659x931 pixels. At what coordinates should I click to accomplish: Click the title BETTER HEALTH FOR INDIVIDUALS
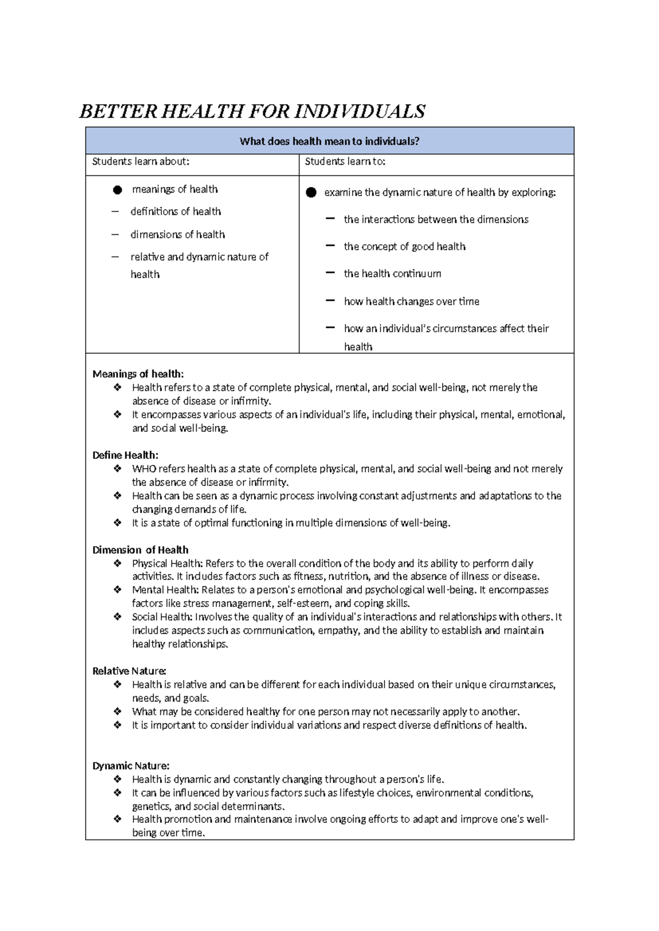pyautogui.click(x=252, y=111)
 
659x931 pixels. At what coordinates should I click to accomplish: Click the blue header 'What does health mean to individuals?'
pyautogui.click(x=329, y=141)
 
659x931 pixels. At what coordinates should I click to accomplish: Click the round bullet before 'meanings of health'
pyautogui.click(x=117, y=190)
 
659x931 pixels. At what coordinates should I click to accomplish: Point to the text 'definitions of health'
pyautogui.click(x=176, y=211)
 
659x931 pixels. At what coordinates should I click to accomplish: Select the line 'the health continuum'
pyautogui.click(x=392, y=273)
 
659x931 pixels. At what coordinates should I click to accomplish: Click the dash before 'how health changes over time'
pyautogui.click(x=330, y=301)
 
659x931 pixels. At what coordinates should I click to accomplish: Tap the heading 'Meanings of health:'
pyautogui.click(x=138, y=374)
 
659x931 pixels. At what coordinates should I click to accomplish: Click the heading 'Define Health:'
pyautogui.click(x=125, y=455)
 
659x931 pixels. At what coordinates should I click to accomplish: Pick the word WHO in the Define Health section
pyautogui.click(x=144, y=469)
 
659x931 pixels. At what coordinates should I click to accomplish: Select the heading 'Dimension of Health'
pyautogui.click(x=140, y=549)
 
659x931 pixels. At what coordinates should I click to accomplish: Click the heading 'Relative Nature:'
pyautogui.click(x=129, y=671)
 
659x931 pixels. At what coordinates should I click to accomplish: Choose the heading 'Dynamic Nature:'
pyautogui.click(x=131, y=765)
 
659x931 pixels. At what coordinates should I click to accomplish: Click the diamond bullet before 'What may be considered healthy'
pyautogui.click(x=117, y=711)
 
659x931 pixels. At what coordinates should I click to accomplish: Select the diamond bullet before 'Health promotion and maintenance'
pyautogui.click(x=117, y=819)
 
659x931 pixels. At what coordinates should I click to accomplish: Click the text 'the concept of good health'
pyautogui.click(x=404, y=246)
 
